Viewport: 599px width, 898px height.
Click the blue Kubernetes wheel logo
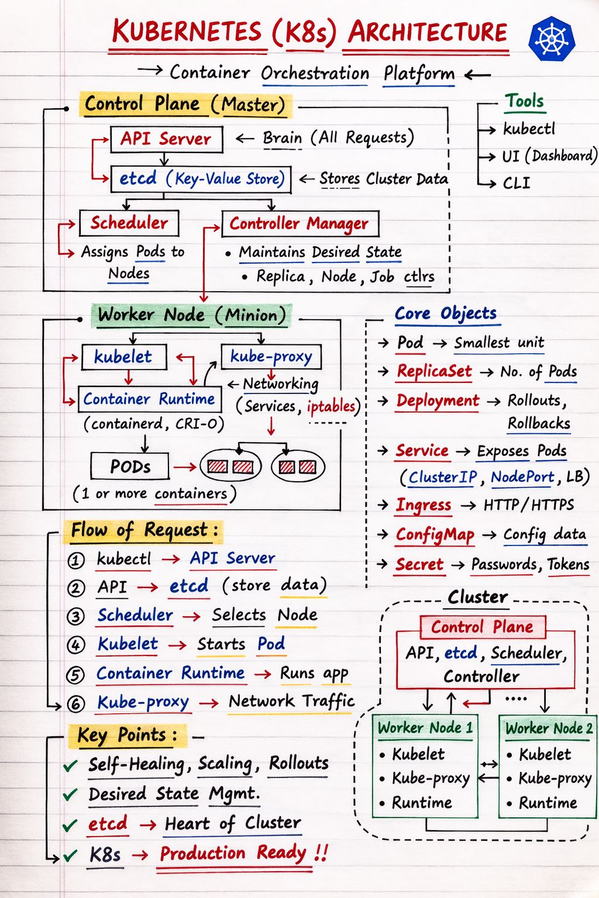coord(551,40)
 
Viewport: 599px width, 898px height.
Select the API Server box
coord(166,139)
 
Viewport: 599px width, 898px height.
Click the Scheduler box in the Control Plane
coord(129,223)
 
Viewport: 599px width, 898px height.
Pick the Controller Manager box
coord(299,223)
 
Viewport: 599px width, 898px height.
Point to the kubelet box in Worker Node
coord(123,357)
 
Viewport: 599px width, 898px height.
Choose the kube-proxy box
coord(271,356)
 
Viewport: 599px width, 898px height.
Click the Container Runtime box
coord(149,399)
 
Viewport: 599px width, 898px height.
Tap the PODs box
coord(130,467)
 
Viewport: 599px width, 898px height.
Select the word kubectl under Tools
coord(529,129)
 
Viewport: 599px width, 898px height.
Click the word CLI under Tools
coord(517,184)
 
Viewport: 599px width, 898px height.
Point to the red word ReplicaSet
coord(434,371)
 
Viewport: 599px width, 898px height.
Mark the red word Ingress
coord(424,505)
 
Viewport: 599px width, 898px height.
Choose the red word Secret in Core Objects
coord(419,564)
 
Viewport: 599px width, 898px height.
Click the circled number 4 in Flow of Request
coord(76,645)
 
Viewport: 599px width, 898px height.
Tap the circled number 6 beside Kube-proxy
coord(76,703)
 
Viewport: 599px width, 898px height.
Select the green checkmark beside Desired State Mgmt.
coord(70,795)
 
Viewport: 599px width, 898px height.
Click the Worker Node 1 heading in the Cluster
coord(425,728)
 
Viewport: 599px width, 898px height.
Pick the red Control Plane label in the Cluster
coord(482,627)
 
